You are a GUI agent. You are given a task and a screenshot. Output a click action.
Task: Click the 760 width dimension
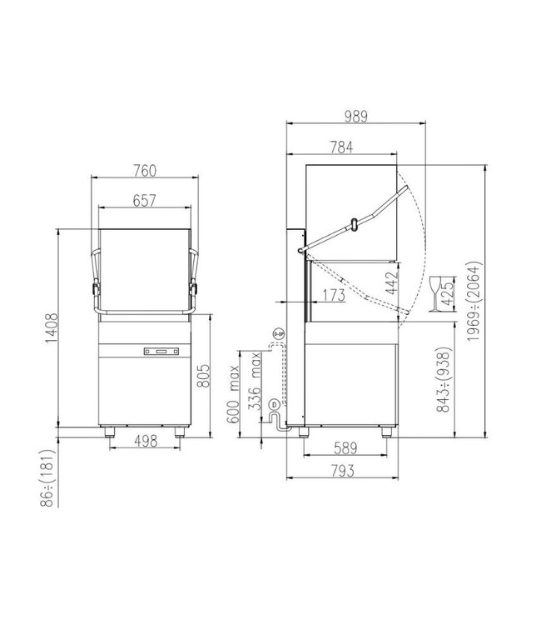(145, 171)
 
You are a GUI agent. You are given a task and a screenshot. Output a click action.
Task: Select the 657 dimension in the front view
(145, 200)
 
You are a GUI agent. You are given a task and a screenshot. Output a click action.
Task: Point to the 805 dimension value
(214, 379)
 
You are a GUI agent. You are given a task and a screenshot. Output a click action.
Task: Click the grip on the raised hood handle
(355, 222)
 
